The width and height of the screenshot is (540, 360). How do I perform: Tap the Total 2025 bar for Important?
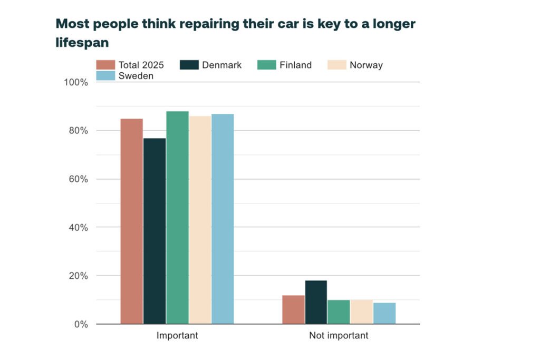tap(131, 221)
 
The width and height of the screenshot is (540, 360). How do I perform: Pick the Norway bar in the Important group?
tap(200, 220)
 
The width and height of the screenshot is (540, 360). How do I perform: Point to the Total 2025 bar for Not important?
tap(293, 309)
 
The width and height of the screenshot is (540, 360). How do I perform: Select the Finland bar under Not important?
tap(339, 312)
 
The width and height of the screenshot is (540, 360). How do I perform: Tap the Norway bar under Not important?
tap(361, 312)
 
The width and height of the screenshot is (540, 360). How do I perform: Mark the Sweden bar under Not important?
tap(384, 313)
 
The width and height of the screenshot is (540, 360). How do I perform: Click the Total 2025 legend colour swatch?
tap(105, 65)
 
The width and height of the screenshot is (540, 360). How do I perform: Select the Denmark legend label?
tap(221, 65)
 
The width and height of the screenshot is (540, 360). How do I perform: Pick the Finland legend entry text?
tap(296, 65)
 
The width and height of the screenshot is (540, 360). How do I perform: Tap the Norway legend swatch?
tap(337, 65)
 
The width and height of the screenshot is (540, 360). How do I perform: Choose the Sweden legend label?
tap(136, 76)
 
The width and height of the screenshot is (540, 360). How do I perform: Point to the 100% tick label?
tap(76, 82)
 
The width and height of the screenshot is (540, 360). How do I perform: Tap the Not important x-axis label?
tap(339, 336)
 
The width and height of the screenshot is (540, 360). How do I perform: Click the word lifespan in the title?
tap(82, 42)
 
